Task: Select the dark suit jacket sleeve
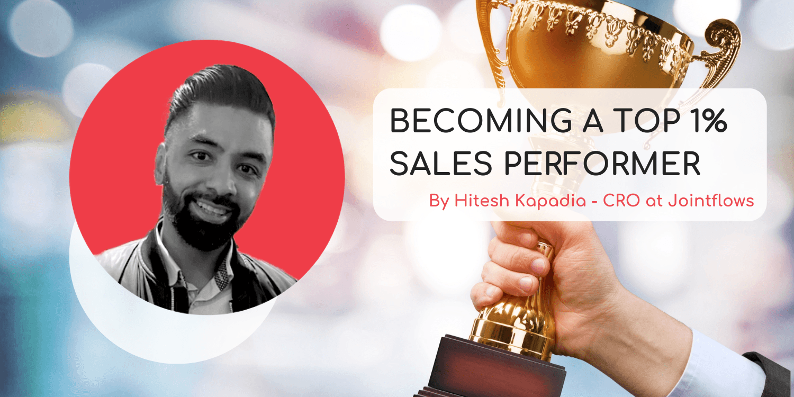click(x=773, y=376)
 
